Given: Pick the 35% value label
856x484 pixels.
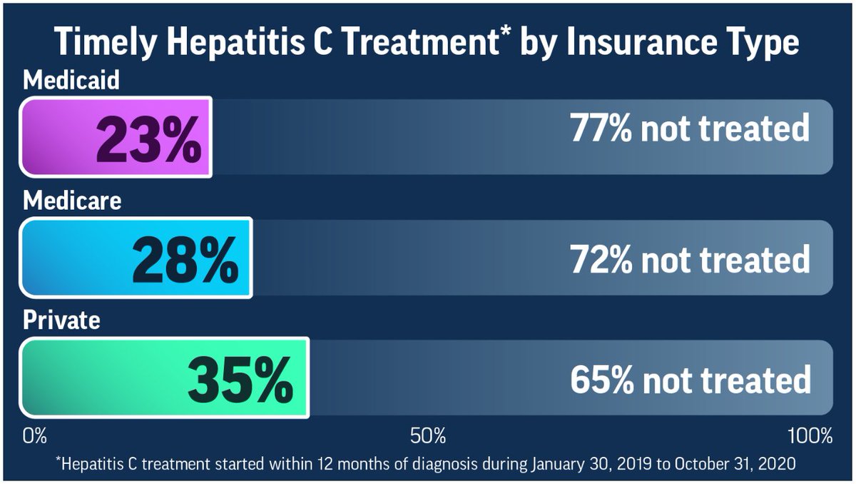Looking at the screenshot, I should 240,379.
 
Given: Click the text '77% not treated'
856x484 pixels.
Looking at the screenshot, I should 690,129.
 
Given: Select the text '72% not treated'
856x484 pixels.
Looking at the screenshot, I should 690,258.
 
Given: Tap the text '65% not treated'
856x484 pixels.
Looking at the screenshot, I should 690,379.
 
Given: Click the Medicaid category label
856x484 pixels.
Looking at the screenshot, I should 71,81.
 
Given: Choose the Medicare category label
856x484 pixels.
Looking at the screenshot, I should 72,201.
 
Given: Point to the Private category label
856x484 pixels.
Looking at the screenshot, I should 61,321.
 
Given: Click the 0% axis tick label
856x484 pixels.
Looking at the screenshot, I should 35,435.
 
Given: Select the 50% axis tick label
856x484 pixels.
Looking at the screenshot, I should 428,435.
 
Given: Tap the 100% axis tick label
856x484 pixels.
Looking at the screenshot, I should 809,435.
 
